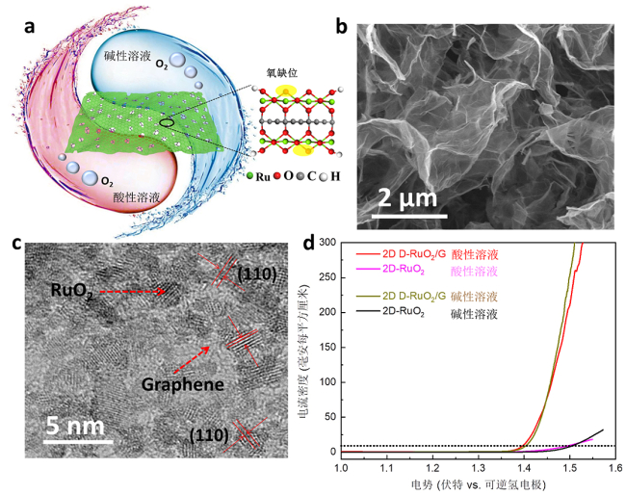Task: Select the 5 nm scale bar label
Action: [x=84, y=426]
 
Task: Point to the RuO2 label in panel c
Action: [x=73, y=287]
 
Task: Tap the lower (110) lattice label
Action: [x=212, y=434]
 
